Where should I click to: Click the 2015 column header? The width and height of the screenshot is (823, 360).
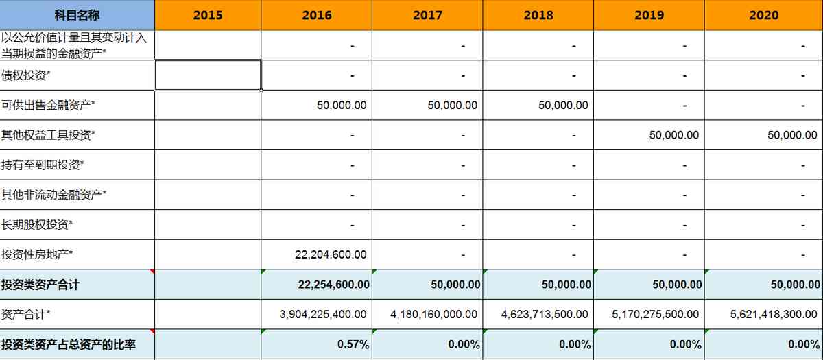point(207,15)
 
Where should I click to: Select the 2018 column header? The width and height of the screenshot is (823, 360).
point(538,15)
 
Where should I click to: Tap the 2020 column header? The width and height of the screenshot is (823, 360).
point(763,15)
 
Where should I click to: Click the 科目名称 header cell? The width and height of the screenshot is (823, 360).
point(77,15)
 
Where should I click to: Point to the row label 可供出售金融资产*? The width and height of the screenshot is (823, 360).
point(48,105)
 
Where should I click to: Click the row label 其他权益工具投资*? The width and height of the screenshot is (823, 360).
point(48,135)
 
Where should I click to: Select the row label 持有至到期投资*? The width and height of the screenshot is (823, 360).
point(43,165)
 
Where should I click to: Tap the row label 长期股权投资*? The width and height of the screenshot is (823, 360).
point(37,224)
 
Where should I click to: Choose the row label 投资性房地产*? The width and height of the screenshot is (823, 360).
point(37,254)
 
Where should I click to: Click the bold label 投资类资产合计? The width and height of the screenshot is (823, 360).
point(40,285)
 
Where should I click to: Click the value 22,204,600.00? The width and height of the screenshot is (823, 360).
point(331,254)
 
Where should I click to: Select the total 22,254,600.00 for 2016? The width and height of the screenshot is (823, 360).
point(334,285)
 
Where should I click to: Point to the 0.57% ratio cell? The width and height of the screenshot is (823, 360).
point(353,344)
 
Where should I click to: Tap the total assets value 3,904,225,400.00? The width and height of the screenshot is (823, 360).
point(323,314)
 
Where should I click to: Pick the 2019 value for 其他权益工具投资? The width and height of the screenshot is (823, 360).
point(674,135)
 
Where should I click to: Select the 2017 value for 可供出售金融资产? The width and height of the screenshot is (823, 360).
point(452,105)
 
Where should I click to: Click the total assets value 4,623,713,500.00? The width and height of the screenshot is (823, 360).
point(545,314)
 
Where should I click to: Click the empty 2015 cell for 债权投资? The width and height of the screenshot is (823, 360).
point(207,75)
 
